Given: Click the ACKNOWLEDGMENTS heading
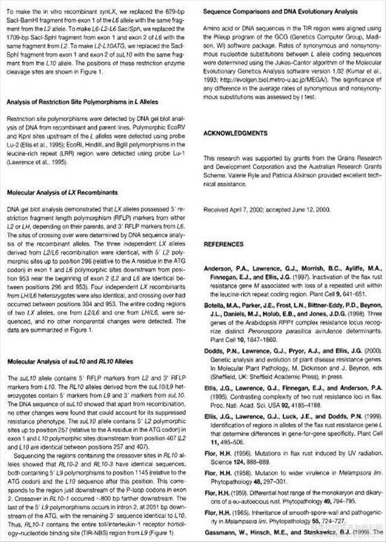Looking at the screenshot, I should click(x=235, y=133).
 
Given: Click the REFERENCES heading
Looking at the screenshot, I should click(x=223, y=245).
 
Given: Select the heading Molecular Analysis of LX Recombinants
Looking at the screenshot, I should click(x=62, y=193).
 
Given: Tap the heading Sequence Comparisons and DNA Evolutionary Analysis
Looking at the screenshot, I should click(x=280, y=11).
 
